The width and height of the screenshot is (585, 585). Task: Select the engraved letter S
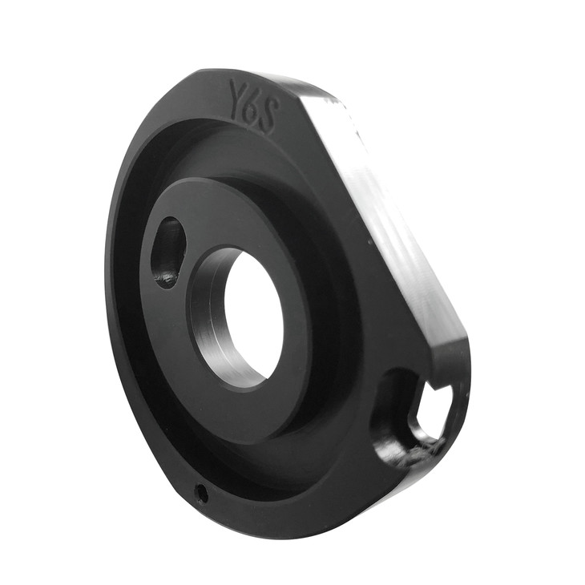pos(269,114)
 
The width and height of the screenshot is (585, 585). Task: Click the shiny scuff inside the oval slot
pos(167,276)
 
